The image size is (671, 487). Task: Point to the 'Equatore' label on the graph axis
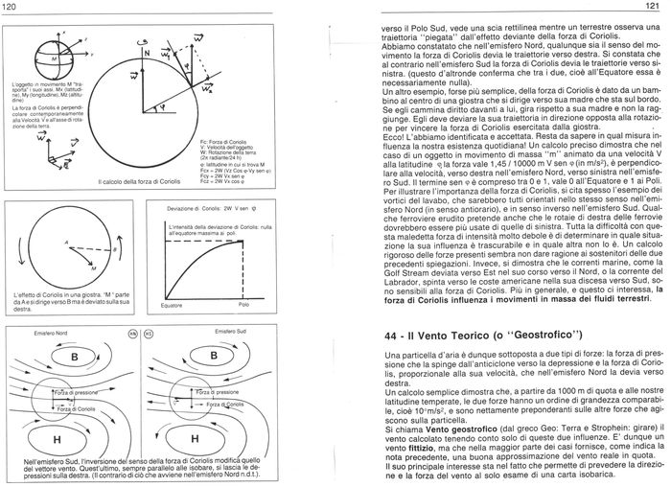[174, 306]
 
